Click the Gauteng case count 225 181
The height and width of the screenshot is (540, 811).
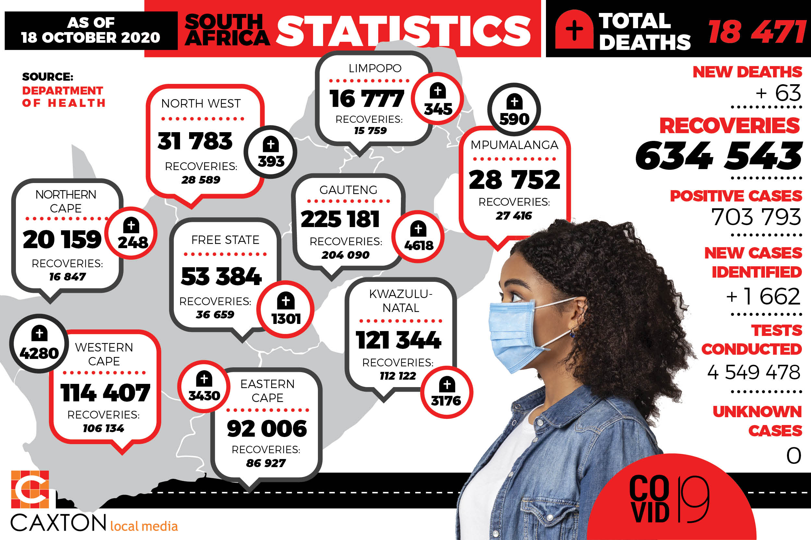340,219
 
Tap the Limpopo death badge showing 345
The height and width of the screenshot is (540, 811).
438,99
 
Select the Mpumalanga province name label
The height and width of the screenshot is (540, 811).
514,145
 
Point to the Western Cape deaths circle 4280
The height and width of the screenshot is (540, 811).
39,343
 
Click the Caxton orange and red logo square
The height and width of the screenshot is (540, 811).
30,489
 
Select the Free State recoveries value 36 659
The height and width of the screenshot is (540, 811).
215,315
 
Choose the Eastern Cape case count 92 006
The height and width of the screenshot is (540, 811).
267,429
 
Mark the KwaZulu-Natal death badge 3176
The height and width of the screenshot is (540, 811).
446,393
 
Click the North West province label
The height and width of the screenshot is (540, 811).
201,103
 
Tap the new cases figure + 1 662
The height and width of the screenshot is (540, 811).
763,296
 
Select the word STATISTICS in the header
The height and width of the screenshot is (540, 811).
404,31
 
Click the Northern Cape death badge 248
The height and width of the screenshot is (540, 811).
131,234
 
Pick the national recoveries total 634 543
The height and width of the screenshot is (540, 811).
719,156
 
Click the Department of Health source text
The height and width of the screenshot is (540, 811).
64,97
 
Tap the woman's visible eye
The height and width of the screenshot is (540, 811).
516,296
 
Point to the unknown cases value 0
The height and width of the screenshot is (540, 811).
793,456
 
